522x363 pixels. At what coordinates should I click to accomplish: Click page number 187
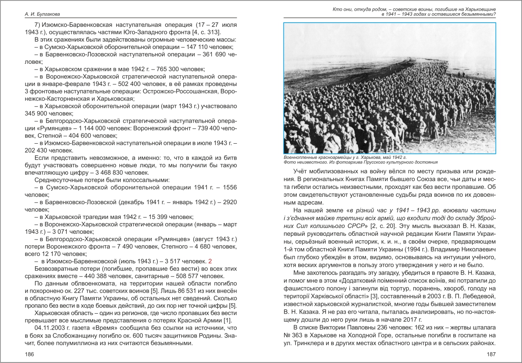(x=491, y=354)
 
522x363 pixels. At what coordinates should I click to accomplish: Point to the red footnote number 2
(x=210, y=261)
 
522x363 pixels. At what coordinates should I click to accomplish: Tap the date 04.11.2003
(x=50, y=328)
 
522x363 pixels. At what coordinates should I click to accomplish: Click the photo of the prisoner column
(x=389, y=88)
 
